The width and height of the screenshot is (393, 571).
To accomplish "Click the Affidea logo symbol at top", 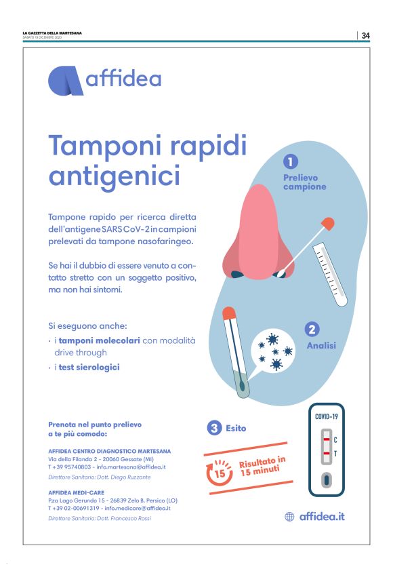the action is (66, 81).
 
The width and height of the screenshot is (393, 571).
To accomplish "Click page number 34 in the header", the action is (365, 35).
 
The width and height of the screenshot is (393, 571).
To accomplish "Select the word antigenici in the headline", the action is (115, 176).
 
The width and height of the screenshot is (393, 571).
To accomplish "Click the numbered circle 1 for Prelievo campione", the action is (291, 161).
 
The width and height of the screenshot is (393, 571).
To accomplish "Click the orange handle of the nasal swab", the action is (328, 223).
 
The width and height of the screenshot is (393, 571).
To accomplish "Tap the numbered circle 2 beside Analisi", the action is (312, 329).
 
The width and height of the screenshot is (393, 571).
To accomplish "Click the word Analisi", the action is (321, 345).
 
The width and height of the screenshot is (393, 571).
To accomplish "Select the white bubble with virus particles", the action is (273, 352).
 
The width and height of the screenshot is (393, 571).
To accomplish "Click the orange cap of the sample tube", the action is (229, 313).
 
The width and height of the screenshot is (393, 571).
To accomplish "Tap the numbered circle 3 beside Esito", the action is (214, 428).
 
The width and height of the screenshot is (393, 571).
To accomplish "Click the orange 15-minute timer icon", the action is (219, 472).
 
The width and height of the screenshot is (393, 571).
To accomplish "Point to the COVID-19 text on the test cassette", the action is (327, 416).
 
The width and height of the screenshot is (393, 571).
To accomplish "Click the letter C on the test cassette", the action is (335, 440).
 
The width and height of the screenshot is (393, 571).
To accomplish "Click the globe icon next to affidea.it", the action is (289, 516).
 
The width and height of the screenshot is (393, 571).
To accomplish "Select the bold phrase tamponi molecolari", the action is (100, 341).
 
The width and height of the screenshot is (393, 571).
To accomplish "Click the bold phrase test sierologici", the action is (89, 367).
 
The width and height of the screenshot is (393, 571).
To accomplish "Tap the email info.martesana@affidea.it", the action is (131, 467).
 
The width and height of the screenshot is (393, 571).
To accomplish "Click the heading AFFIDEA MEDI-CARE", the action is (77, 492).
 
